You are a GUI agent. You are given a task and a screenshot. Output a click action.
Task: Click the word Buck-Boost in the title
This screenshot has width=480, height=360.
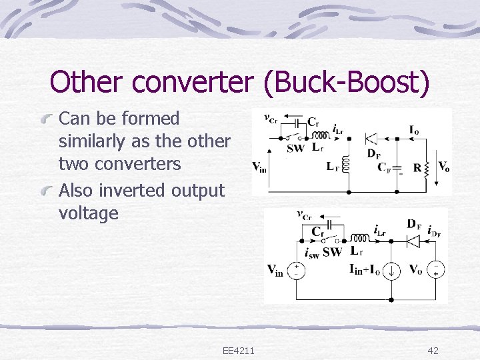pos(346,83)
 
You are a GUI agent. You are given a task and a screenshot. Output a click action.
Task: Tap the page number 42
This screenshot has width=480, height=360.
pos(433,351)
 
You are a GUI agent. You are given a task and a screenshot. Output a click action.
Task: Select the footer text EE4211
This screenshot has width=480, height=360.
pos(243,351)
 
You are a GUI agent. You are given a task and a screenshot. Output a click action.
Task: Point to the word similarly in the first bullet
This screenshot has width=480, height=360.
pos(90,142)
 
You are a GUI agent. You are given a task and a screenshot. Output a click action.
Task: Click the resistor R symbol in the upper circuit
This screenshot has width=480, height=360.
pos(429,167)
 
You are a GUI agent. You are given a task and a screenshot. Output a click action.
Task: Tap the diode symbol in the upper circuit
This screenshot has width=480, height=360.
pos(371,139)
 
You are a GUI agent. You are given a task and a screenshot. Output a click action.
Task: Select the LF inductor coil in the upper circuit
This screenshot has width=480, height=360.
pos(345,163)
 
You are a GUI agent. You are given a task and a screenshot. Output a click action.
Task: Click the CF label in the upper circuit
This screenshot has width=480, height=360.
pos(385,167)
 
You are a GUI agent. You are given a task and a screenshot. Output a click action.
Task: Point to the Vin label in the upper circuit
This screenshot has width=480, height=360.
pos(259,167)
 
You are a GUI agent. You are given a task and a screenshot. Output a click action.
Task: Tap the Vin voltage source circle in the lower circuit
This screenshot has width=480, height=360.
pos(297,270)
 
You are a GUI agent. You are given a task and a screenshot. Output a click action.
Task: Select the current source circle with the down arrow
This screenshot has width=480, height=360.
pos(393,270)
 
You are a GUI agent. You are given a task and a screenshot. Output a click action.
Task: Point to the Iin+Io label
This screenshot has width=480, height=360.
pos(365,269)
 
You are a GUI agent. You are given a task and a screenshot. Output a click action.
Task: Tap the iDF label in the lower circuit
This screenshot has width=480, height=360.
pos(435,231)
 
